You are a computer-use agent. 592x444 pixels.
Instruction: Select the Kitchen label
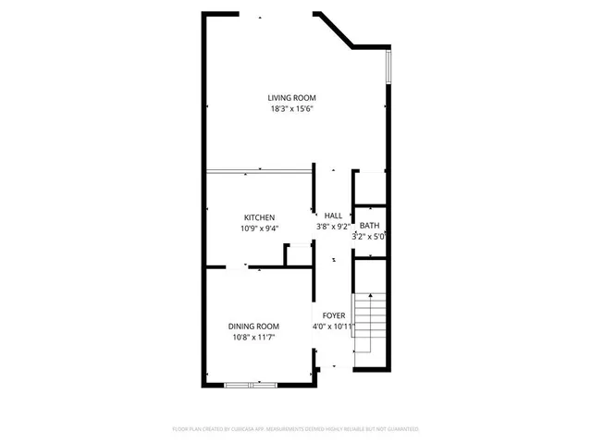(x=259, y=217)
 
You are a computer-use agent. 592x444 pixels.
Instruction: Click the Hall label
(x=333, y=216)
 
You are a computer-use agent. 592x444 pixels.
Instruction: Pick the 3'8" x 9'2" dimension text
(x=333, y=226)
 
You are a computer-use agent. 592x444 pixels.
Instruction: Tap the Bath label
(x=369, y=226)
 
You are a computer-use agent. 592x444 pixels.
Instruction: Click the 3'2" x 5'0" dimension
(x=369, y=236)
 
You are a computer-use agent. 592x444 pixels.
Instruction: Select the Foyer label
(x=334, y=315)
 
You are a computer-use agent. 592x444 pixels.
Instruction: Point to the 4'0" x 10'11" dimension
(x=334, y=327)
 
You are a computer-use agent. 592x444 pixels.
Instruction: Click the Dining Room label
(x=253, y=326)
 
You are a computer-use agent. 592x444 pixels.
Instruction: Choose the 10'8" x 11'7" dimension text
(x=253, y=337)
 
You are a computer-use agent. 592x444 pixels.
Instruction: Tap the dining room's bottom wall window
(x=251, y=383)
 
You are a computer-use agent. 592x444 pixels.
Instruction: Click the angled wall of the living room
(x=335, y=30)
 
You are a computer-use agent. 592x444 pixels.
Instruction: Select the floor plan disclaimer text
(x=296, y=429)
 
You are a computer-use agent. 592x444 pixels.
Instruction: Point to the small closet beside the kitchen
(x=298, y=256)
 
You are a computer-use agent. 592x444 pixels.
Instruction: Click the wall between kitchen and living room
(x=259, y=170)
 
